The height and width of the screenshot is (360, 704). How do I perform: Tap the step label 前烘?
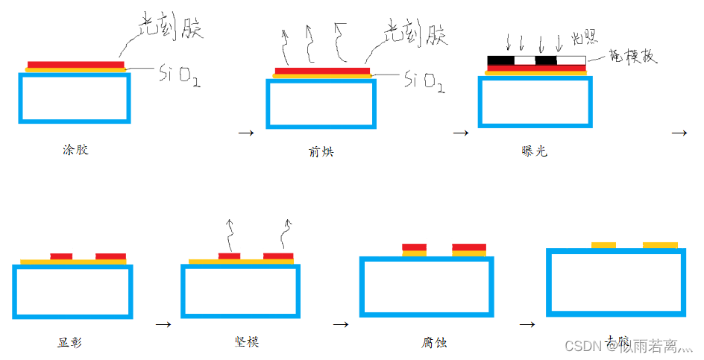(x=321, y=151)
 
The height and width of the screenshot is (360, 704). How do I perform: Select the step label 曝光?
(x=535, y=151)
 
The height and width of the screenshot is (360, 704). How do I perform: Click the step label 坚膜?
(x=246, y=342)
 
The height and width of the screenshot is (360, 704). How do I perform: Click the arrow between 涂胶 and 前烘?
(x=245, y=133)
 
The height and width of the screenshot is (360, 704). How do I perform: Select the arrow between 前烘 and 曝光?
(x=460, y=133)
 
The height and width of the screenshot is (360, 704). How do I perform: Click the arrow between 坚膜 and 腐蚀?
(x=341, y=325)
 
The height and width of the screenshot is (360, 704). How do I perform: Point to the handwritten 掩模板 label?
(x=634, y=57)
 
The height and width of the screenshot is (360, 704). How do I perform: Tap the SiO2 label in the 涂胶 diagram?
(x=179, y=75)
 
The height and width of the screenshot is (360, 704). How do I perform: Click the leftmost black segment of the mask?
(x=500, y=60)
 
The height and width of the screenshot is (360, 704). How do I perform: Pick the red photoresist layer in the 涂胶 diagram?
(x=75, y=64)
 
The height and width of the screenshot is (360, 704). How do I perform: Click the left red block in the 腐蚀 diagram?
(x=414, y=247)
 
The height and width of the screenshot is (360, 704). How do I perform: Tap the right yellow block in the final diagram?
(x=660, y=244)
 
